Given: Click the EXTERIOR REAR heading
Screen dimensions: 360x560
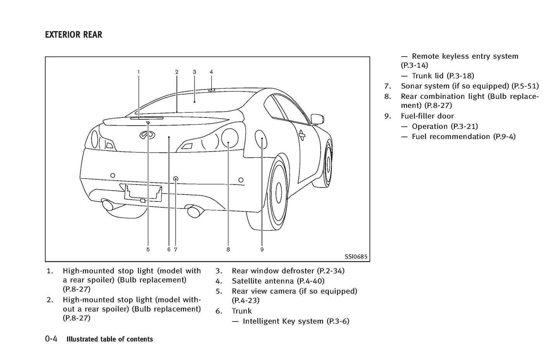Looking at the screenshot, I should pos(74,35).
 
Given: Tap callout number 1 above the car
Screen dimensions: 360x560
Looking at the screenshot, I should pos(138,72).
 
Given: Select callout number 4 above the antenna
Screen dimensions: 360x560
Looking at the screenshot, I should pos(211,72).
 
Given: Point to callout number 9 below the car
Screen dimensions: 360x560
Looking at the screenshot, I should pos(262,250).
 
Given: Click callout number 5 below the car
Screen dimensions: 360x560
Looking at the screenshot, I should pos(148,250).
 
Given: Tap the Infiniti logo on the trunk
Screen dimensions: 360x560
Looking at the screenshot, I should pos(144,134).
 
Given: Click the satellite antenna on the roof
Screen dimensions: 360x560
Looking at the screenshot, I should pos(211,90).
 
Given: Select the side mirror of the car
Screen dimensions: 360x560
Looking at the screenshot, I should pos(317,119).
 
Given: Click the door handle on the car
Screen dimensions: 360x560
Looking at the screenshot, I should pos(302,134).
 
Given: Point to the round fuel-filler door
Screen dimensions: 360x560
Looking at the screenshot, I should pos(261,140).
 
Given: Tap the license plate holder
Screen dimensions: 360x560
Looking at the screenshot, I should pos(143,193).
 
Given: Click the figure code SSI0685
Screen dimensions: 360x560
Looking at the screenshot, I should pos(356,257).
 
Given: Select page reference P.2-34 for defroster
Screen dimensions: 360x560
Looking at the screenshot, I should pos(331,271).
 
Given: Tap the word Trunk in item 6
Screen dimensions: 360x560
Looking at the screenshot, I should pos(242,311).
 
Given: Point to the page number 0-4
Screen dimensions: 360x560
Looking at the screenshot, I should pos(51,339).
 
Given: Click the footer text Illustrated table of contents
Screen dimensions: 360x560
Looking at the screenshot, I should pos(110,339).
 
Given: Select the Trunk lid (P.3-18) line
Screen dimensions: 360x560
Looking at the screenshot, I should pos(443,76).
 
